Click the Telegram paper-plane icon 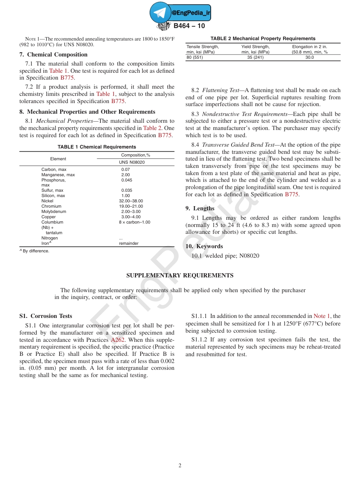tap(160, 13)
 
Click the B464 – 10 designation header tap(189, 26)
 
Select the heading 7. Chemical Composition tap(53, 55)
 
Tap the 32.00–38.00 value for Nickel tap(131, 201)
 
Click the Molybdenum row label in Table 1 tap(53, 212)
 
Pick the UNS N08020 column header tap(131, 162)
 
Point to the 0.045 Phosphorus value tap(127, 180)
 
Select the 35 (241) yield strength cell tap(255, 57)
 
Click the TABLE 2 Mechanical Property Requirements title tap(263, 39)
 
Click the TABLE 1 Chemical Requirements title tap(97, 147)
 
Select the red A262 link tap(118, 340)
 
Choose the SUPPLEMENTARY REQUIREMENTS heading tap(180, 275)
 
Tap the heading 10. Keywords tap(204, 246)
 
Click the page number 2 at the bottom tap(180, 466)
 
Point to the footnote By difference tap(36, 251)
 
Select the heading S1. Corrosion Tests tap(45, 316)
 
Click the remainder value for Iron tap(128, 244)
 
